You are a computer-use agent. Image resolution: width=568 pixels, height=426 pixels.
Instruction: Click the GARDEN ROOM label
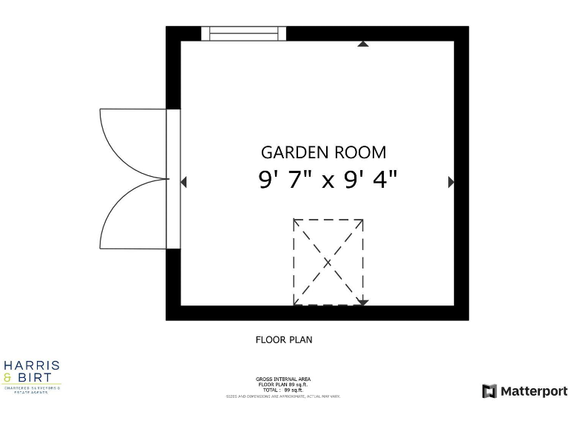(x=323, y=152)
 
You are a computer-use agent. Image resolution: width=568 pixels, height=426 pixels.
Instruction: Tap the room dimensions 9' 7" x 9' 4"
(x=328, y=180)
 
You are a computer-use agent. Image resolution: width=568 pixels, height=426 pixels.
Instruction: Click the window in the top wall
(x=243, y=33)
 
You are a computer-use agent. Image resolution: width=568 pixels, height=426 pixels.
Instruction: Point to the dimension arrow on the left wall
(x=184, y=181)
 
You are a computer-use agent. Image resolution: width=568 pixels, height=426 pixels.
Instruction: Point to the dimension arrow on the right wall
(x=451, y=181)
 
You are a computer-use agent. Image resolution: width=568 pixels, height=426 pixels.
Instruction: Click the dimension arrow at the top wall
(x=362, y=44)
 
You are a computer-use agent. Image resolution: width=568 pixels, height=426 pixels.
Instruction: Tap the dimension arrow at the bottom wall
(x=362, y=302)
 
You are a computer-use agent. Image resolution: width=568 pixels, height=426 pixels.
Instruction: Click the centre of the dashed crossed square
(x=328, y=262)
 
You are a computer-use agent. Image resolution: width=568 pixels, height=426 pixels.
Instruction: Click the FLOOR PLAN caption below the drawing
(x=284, y=340)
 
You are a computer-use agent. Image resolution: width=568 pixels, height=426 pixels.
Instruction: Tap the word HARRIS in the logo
(x=32, y=366)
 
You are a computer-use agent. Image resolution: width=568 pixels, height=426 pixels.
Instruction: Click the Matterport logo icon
(x=489, y=391)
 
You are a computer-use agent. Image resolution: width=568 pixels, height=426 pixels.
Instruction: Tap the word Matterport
(x=534, y=391)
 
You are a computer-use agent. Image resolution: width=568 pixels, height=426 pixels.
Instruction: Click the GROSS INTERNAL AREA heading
(x=283, y=379)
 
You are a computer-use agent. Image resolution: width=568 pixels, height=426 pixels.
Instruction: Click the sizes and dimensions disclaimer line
(x=283, y=396)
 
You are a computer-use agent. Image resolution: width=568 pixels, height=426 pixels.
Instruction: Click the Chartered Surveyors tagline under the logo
(x=32, y=389)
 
